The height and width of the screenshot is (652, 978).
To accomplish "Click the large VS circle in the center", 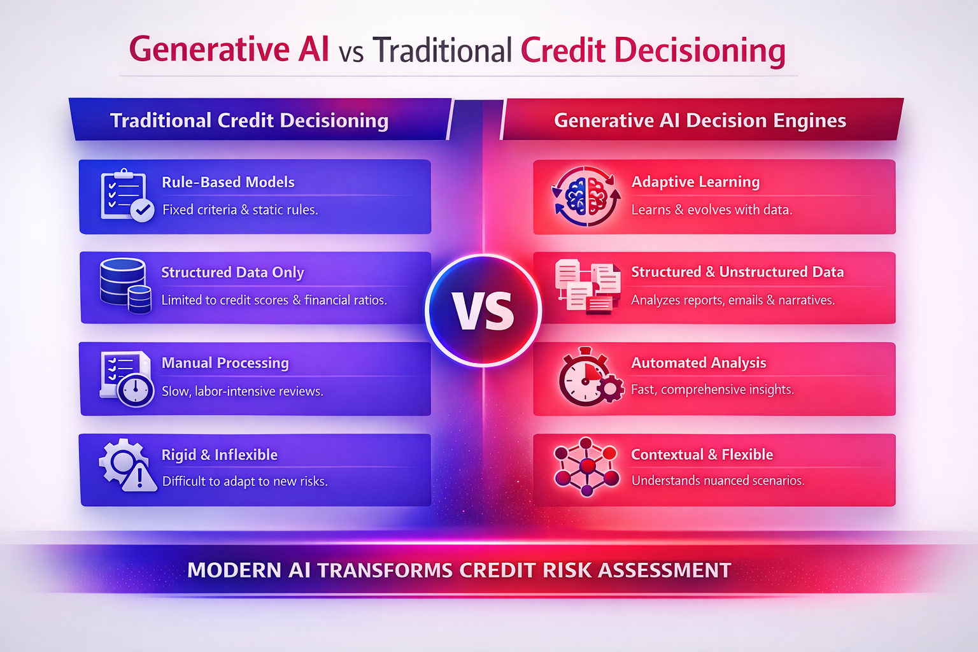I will click(483, 311).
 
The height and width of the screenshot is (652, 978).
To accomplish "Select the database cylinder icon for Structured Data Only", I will click(125, 285).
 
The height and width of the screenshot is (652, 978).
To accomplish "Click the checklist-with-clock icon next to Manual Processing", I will click(126, 379).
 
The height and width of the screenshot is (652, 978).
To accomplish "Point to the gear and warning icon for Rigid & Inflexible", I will click(127, 465).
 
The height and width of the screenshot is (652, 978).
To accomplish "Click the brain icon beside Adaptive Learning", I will click(586, 196).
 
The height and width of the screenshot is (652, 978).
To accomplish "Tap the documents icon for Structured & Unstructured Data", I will click(587, 287).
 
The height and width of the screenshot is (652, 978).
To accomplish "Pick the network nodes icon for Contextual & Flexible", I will click(586, 467).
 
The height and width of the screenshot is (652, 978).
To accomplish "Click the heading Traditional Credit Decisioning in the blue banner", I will click(249, 120).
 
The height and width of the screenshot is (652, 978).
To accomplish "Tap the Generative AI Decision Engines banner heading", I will click(700, 120).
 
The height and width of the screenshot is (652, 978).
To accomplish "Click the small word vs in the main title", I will click(351, 52).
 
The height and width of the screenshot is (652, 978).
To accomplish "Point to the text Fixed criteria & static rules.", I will click(240, 209).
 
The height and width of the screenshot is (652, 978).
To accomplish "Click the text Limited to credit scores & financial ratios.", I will click(274, 300).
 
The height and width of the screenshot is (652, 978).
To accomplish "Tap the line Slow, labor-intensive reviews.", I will click(242, 391).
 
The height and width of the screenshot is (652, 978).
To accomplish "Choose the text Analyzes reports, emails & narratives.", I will click(732, 300).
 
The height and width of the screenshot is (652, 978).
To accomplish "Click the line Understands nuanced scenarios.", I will click(718, 481).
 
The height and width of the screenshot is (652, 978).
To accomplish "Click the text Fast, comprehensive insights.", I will click(712, 390).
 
